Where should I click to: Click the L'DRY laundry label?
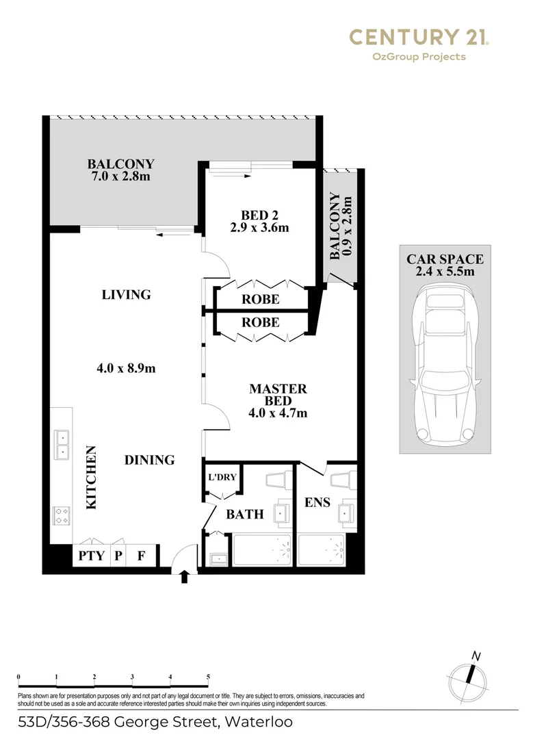coord(221,478)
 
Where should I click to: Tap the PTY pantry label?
coord(91,556)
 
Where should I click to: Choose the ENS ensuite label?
coord(317,502)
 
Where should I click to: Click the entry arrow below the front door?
coord(183,578)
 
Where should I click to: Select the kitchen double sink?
coord(62,443)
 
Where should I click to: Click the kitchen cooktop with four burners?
coord(61,515)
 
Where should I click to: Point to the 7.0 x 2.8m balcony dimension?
coord(120,177)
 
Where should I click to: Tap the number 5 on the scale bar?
coord(207,677)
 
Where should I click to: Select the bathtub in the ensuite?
coord(322,549)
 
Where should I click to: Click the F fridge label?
coord(141,556)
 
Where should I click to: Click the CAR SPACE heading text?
coord(445,259)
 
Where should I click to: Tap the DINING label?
coord(149,460)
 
